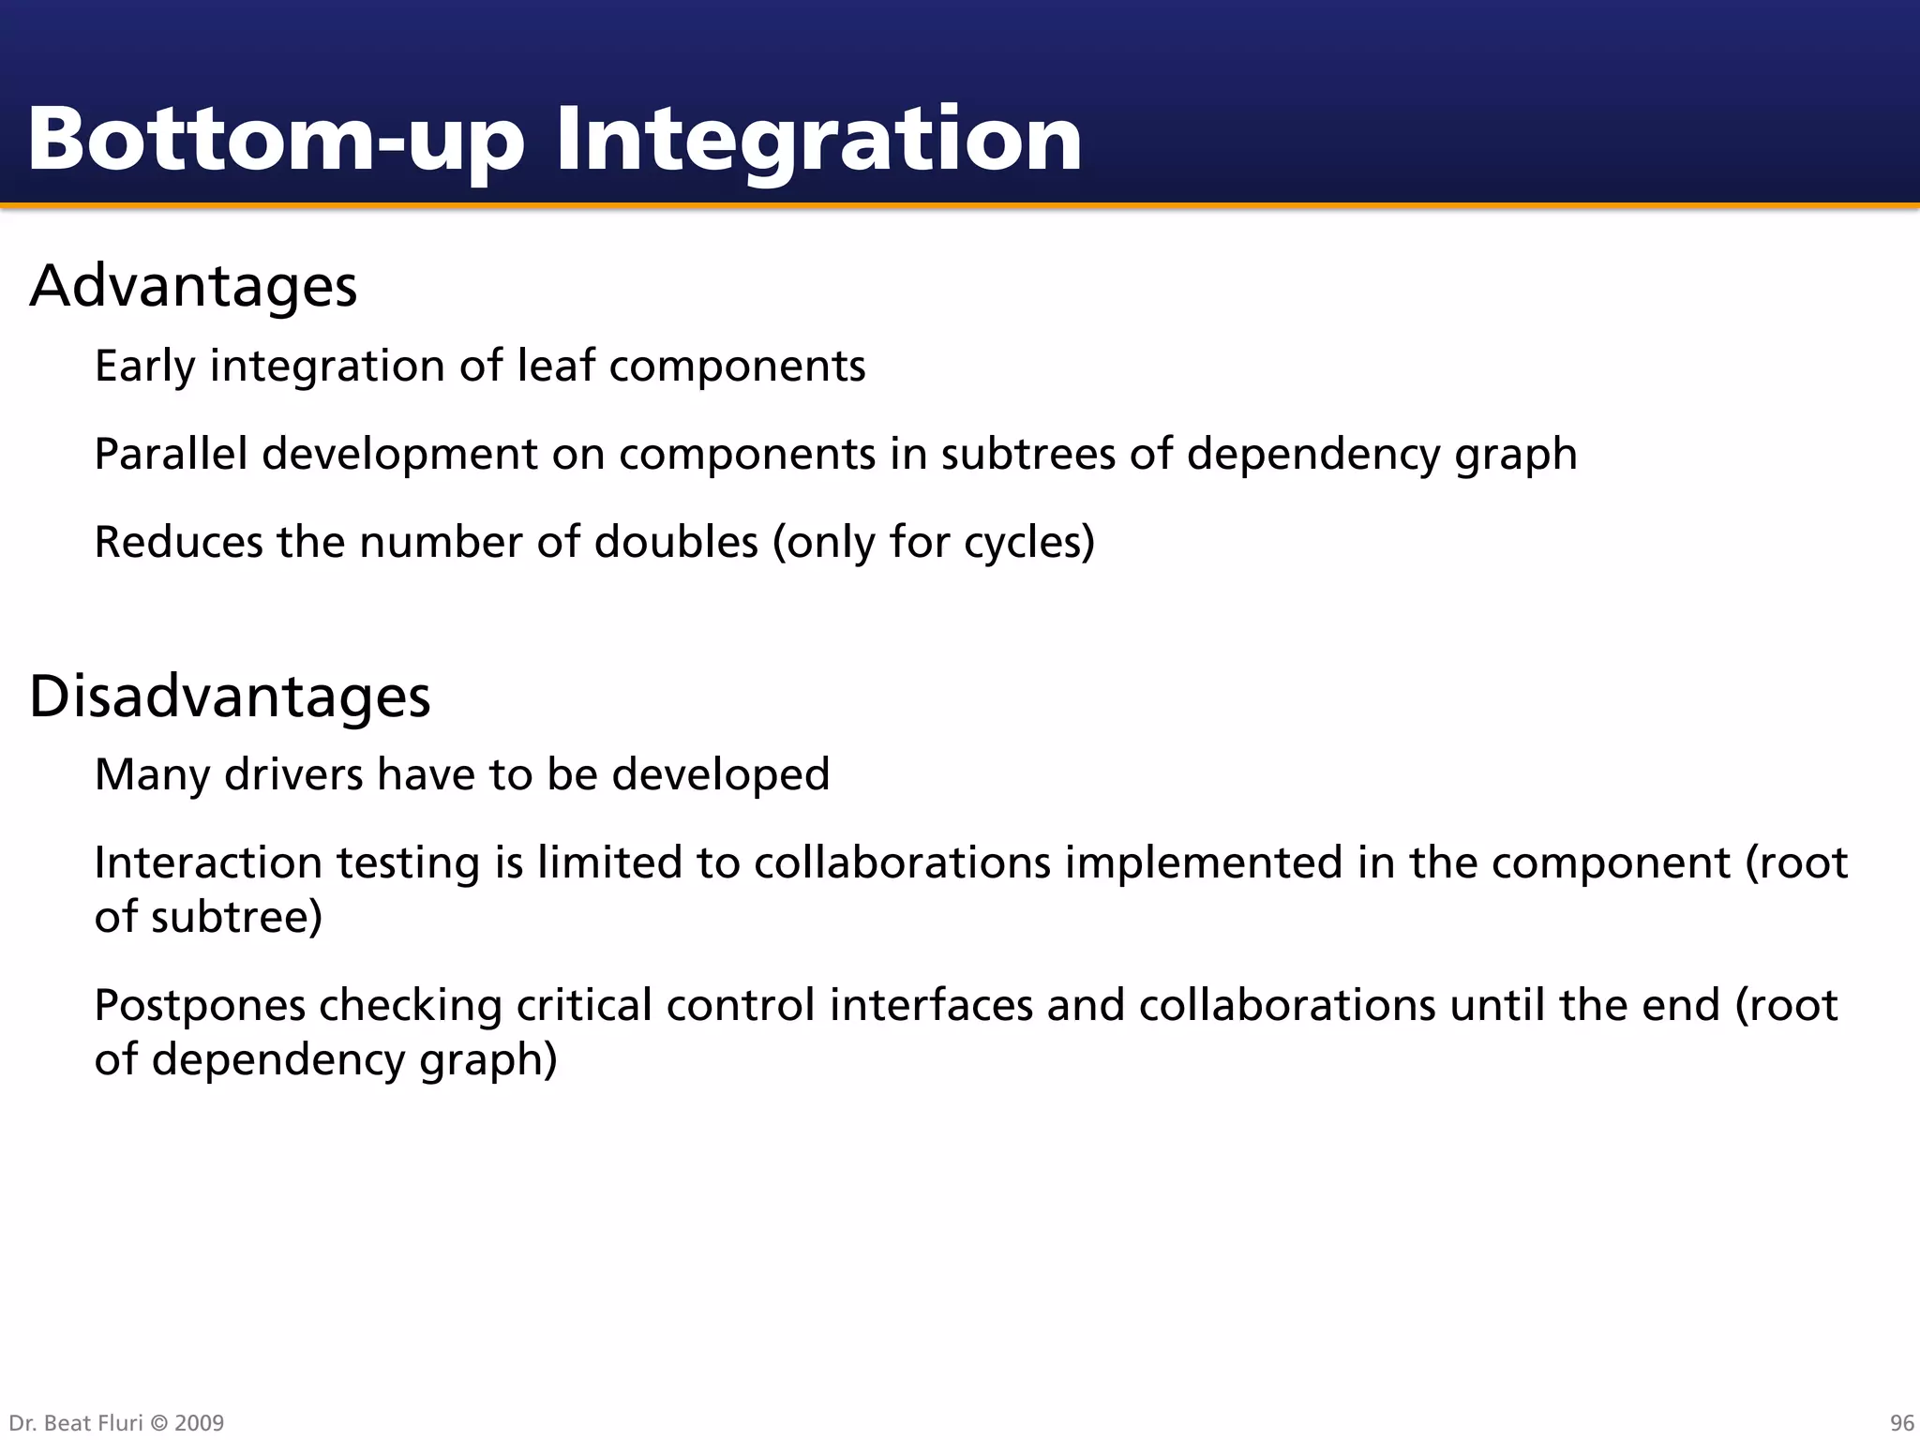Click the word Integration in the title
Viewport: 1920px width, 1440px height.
tap(818, 141)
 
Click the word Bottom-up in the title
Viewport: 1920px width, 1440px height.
tap(275, 141)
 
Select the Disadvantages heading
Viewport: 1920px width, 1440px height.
tap(230, 697)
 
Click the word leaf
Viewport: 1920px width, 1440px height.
tap(556, 366)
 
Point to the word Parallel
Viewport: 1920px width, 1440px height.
tap(171, 454)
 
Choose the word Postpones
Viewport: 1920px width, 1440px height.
tap(200, 1006)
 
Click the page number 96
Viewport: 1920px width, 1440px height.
tap(1901, 1423)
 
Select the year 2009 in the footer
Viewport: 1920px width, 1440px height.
tap(199, 1423)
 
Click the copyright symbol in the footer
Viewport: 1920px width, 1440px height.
tap(157, 1423)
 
